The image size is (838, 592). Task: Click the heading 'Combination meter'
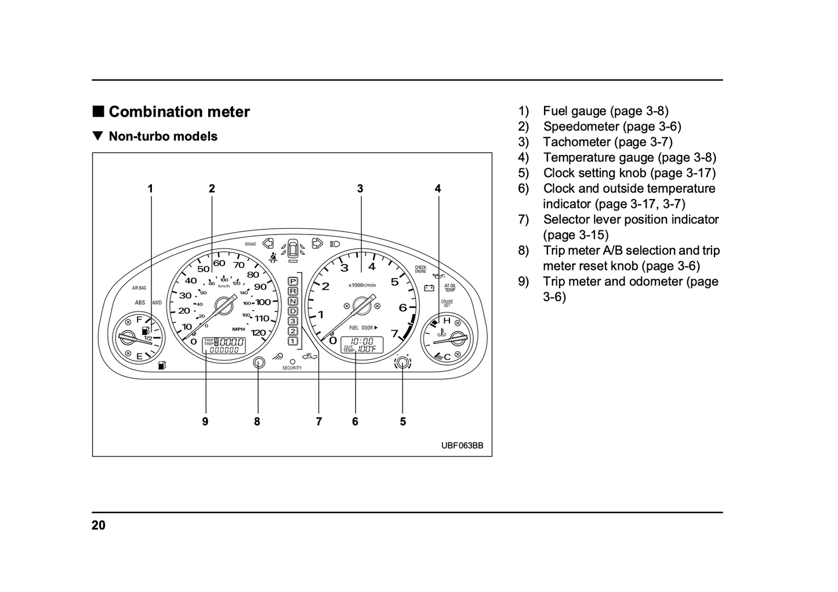[x=179, y=112]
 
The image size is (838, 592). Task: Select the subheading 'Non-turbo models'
[x=163, y=136]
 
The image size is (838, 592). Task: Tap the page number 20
[x=99, y=525]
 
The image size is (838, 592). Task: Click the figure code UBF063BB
[x=462, y=446]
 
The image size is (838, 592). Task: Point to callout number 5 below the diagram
[x=402, y=422]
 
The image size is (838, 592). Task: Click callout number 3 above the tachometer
[x=360, y=189]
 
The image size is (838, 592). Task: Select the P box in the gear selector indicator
[x=293, y=281]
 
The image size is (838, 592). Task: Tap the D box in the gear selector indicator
[x=293, y=311]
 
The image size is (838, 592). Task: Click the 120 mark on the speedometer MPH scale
[x=258, y=333]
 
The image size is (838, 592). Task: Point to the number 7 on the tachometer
[x=394, y=334]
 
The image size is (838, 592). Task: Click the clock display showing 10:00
[x=362, y=341]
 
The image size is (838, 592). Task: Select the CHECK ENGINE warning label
[x=420, y=270]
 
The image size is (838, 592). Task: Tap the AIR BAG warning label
[x=139, y=288]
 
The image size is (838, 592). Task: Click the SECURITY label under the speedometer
[x=292, y=369]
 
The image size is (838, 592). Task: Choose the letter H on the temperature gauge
[x=446, y=321]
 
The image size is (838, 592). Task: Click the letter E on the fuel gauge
[x=139, y=356]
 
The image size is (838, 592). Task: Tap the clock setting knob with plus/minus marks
[x=402, y=363]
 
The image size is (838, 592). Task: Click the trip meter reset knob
[x=259, y=363]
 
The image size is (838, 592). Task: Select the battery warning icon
[x=429, y=287]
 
